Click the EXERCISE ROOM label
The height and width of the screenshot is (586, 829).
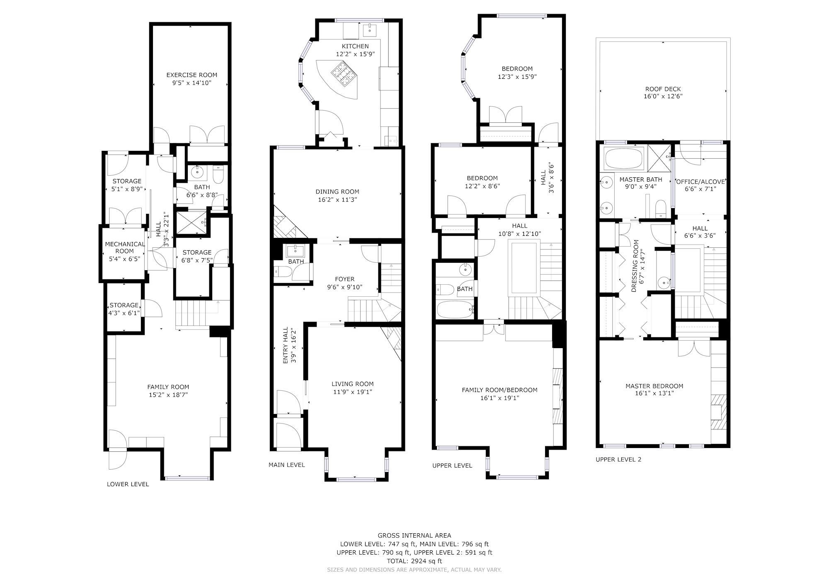[191, 75]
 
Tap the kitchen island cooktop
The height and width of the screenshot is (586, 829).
[344, 74]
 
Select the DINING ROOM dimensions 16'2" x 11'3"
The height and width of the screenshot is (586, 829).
[337, 199]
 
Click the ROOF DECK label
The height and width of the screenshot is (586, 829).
[663, 89]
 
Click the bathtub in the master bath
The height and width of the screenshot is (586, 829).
[624, 159]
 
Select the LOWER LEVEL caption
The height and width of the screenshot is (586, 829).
[128, 484]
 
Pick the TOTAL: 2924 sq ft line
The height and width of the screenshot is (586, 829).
[414, 561]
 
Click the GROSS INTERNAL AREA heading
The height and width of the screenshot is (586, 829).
[414, 535]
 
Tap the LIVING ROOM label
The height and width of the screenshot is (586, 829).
[352, 384]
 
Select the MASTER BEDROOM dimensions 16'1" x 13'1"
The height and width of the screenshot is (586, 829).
[654, 393]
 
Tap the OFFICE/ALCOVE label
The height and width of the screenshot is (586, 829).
[701, 182]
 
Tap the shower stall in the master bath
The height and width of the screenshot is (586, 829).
[659, 158]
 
